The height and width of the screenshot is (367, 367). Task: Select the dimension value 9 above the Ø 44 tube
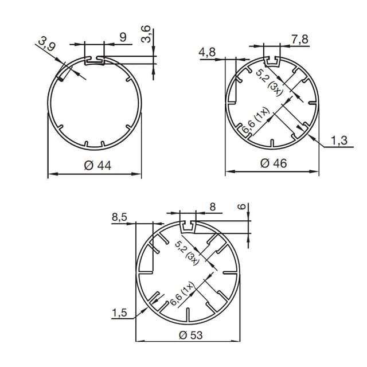[123, 37]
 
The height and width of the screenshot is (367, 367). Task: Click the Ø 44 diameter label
[97, 165]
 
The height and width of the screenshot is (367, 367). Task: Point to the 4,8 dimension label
[207, 53]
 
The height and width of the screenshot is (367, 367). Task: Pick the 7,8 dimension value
[300, 39]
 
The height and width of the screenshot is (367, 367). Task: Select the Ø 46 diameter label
[273, 163]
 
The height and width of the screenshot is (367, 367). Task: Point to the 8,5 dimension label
[120, 217]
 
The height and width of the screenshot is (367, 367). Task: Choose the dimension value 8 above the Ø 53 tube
[213, 207]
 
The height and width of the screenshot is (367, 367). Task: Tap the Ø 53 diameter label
[190, 335]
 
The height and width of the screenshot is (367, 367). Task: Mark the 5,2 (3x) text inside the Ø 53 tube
[187, 253]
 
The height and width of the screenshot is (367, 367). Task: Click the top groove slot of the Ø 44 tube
[95, 58]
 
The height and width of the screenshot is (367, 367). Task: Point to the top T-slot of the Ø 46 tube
[272, 60]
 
